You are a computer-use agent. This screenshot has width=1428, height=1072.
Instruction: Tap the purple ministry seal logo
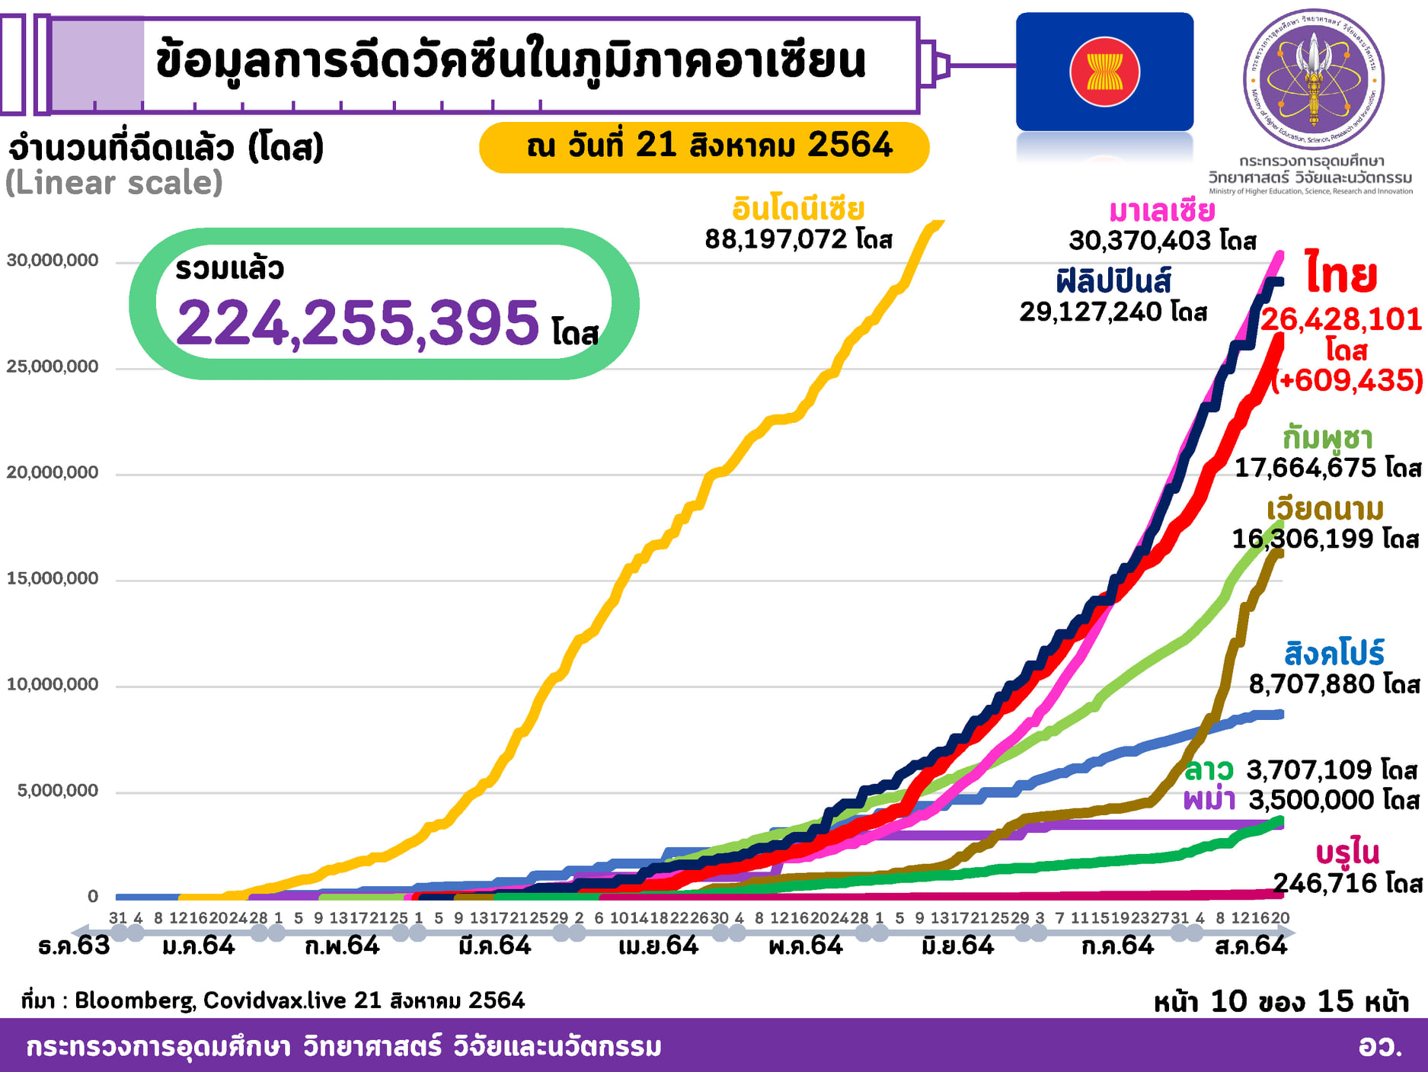[1313, 79]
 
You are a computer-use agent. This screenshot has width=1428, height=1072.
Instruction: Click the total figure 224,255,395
[358, 323]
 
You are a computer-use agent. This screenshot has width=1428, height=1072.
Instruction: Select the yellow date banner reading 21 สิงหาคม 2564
[704, 146]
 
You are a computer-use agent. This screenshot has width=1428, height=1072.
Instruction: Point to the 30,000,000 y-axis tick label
[53, 261]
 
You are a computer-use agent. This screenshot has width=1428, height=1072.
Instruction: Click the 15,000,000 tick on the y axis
[53, 578]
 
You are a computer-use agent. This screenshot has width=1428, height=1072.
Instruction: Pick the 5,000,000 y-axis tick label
[58, 791]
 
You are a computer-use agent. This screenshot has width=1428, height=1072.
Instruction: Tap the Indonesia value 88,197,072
[775, 239]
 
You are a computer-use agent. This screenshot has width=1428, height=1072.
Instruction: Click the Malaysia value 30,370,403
[1139, 241]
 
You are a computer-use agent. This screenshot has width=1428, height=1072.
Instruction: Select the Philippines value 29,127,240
[1091, 312]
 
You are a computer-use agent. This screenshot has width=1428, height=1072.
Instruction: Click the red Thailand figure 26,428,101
[1340, 319]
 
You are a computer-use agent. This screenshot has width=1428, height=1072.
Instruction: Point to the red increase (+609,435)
[1348, 379]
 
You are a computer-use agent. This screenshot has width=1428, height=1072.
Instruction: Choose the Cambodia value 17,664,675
[1305, 467]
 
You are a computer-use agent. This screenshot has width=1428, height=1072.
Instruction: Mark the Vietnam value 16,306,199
[1303, 539]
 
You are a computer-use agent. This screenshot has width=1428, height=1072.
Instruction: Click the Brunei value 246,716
[1325, 883]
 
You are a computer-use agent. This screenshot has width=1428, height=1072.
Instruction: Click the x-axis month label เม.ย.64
[658, 946]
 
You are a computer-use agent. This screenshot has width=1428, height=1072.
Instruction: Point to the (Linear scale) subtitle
[114, 183]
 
